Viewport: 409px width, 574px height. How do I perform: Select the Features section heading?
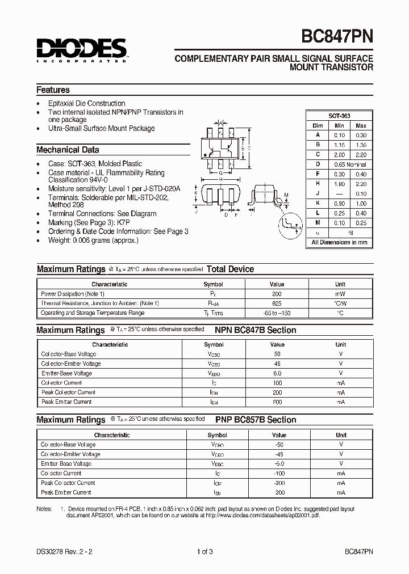click(x=53, y=90)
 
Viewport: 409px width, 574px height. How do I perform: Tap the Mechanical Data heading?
click(x=68, y=150)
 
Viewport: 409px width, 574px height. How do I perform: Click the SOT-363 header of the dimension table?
click(x=339, y=115)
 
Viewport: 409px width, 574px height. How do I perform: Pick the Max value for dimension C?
click(x=361, y=154)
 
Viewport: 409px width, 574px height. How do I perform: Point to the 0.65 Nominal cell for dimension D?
click(x=350, y=164)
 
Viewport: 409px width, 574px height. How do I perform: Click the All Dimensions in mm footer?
click(x=339, y=242)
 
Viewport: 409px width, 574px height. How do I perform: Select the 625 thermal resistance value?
click(x=277, y=303)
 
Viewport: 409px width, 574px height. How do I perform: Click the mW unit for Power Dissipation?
click(x=340, y=294)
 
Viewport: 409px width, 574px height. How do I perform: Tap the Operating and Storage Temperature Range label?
click(x=93, y=313)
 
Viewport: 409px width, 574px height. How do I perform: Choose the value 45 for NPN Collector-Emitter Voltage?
click(x=277, y=364)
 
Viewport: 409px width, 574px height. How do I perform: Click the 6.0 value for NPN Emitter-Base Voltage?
click(x=277, y=373)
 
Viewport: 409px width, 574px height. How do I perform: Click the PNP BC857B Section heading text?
click(x=256, y=420)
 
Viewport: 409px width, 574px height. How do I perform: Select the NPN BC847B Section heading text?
click(x=255, y=330)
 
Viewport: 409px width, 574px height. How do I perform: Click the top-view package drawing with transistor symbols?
click(x=220, y=150)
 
